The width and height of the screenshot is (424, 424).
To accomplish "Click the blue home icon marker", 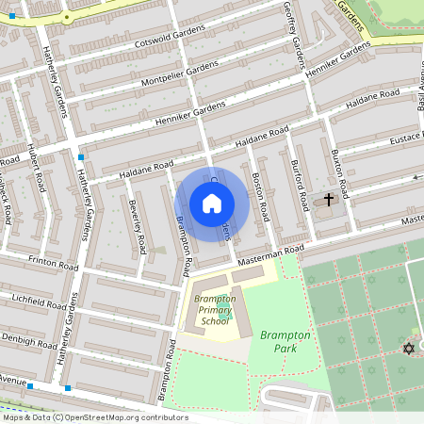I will [x=212, y=204].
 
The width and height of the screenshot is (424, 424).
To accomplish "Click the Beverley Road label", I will [x=137, y=226].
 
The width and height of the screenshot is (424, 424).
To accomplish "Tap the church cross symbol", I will [x=329, y=200].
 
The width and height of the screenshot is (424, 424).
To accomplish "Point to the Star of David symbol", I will [x=408, y=349].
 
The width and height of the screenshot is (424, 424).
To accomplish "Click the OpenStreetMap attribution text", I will [x=94, y=417].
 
